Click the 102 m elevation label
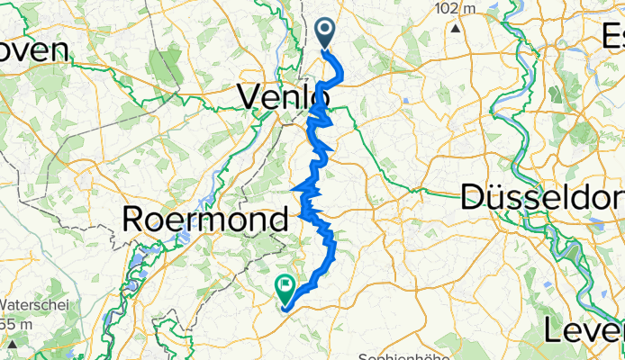(x=457, y=8)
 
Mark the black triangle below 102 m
(x=457, y=27)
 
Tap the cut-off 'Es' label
(x=611, y=36)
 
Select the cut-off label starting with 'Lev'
(x=584, y=330)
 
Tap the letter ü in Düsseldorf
(x=498, y=197)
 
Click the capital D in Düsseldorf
(x=475, y=197)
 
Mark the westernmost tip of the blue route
(x=294, y=188)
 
